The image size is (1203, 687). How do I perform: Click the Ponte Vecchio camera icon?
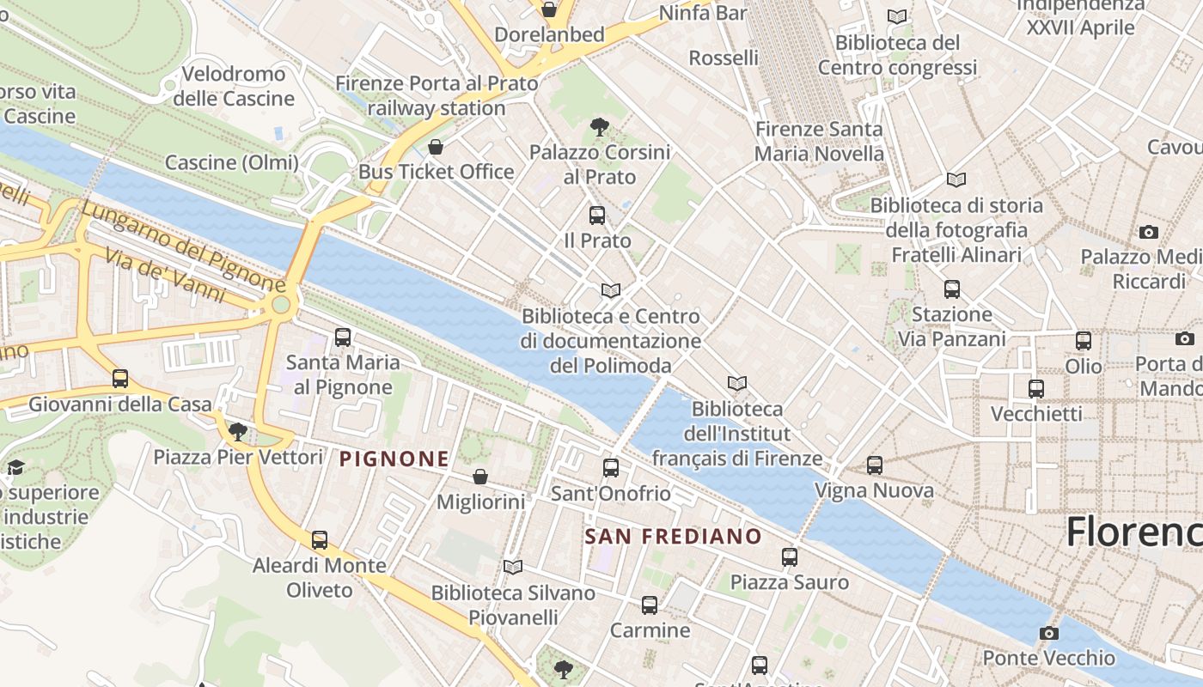pos(1048,633)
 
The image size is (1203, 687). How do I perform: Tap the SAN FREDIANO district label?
pos(673,537)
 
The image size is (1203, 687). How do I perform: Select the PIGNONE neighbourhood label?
pos(394,459)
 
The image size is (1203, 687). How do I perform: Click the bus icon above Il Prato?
pos(597,216)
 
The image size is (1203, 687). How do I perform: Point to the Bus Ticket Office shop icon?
pos(436,147)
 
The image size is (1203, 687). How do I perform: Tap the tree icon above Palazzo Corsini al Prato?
pos(600,128)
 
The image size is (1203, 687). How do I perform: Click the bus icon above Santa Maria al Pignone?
pos(343,337)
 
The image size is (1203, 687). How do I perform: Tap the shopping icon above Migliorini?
pos(480,477)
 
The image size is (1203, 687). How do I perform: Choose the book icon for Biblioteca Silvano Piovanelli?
pos(513,568)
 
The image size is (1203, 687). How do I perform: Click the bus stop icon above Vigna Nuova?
pos(874,465)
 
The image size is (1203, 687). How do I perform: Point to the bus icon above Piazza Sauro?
pos(790,557)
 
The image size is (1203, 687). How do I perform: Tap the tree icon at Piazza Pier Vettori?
pos(238,432)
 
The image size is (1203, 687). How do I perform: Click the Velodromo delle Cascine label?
pos(234,86)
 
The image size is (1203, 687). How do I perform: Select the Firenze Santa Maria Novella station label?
pos(819,142)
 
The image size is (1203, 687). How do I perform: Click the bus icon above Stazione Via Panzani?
pos(951,289)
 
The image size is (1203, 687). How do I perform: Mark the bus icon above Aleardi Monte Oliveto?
pos(320,540)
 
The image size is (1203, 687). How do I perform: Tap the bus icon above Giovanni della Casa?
pos(120,379)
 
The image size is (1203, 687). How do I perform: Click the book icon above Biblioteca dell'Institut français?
pos(736,384)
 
